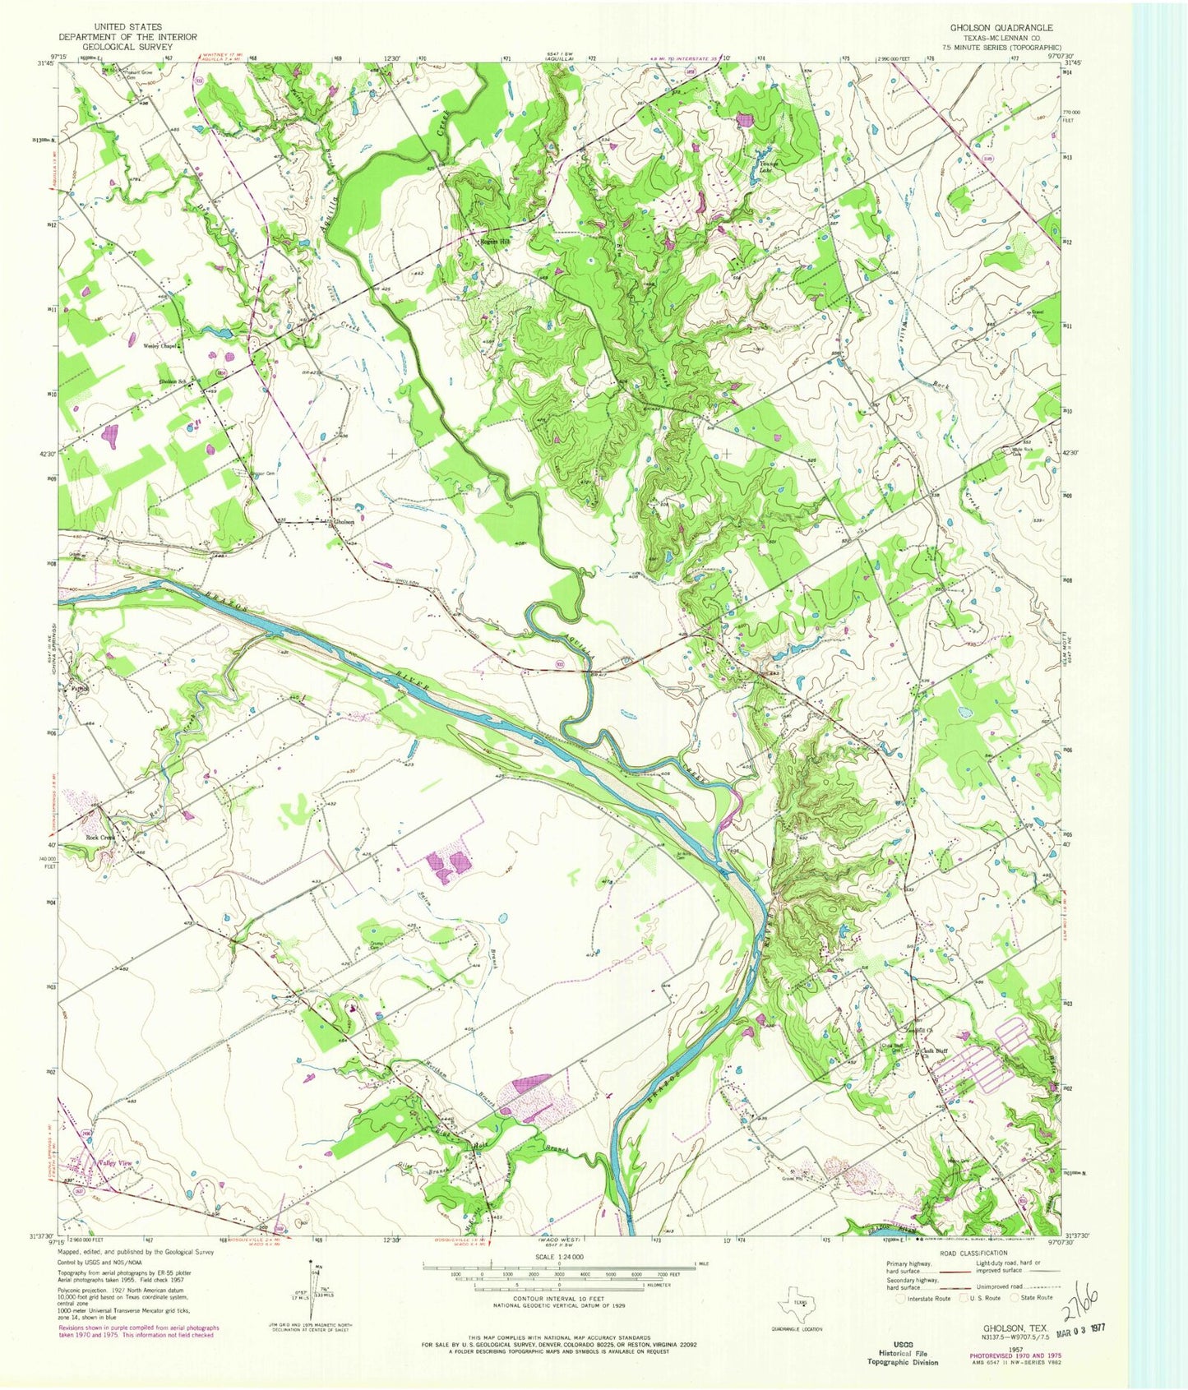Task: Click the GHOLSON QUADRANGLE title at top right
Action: [x=995, y=27]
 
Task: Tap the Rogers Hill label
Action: [x=495, y=242]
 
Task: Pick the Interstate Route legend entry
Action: [x=927, y=1298]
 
